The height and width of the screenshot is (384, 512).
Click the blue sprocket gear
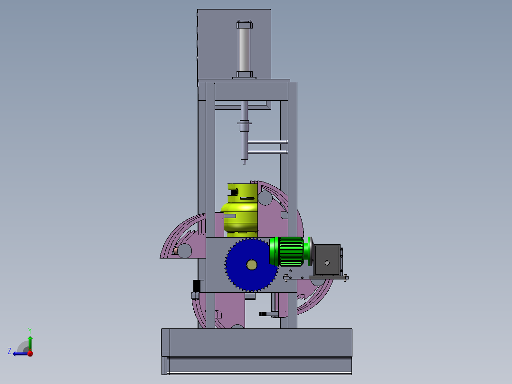tap(251, 265)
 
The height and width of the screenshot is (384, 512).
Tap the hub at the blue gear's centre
tap(251, 265)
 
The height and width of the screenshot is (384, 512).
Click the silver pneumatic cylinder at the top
tap(244, 49)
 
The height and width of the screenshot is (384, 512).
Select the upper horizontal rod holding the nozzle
tap(267, 142)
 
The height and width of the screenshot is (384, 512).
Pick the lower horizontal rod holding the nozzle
tap(267, 152)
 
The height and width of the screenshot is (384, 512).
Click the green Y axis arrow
tap(30, 343)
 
